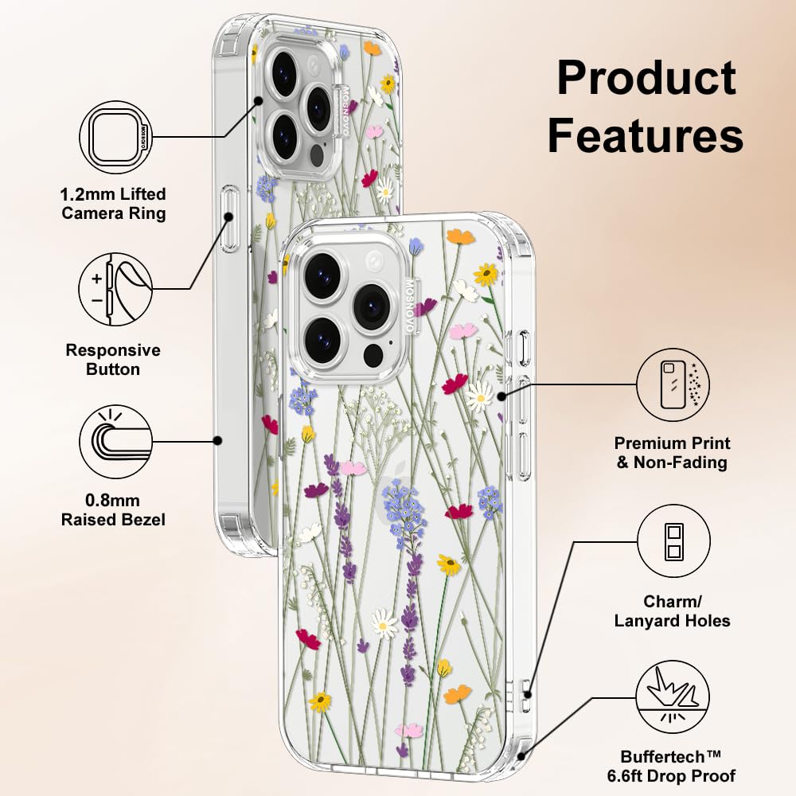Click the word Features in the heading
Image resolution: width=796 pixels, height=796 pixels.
[646, 135]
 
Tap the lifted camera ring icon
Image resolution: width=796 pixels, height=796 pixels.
[115, 137]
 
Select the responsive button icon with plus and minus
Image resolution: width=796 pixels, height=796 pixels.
[115, 290]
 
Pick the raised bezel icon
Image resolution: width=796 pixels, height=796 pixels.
[115, 441]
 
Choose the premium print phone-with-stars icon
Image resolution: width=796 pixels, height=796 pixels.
[673, 384]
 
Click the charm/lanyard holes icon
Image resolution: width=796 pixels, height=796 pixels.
[673, 540]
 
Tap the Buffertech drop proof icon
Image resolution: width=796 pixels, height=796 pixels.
[673, 696]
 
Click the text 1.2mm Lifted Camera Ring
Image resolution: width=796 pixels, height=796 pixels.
[113, 204]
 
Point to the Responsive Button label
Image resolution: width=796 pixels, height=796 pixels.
[113, 360]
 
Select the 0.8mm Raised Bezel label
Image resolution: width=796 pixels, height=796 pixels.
[113, 510]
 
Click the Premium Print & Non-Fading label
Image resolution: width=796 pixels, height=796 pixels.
[672, 453]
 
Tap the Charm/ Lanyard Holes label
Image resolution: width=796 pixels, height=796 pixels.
[672, 611]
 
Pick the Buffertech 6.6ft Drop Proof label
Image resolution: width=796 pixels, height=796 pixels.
[671, 767]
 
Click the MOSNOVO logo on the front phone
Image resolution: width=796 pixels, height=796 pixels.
[410, 307]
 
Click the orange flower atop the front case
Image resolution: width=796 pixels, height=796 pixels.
[460, 236]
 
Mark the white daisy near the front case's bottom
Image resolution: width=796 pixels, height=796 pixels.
[384, 624]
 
